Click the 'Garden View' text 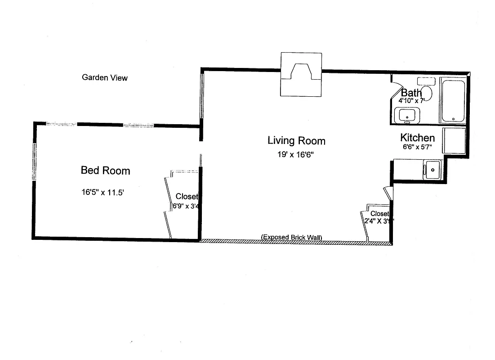point(104,78)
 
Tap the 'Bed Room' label point(105,171)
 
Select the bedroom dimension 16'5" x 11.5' point(103,193)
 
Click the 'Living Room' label point(296,141)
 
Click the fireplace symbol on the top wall point(301,74)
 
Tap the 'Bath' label point(411,93)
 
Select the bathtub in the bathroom point(453,100)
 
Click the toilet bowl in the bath point(426,93)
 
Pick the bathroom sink point(407,115)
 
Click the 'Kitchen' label point(417,138)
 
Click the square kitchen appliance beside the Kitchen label point(455,141)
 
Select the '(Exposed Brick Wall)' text point(292,238)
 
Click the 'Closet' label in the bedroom point(187,197)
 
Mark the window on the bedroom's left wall point(34,162)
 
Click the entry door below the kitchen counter point(388,193)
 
